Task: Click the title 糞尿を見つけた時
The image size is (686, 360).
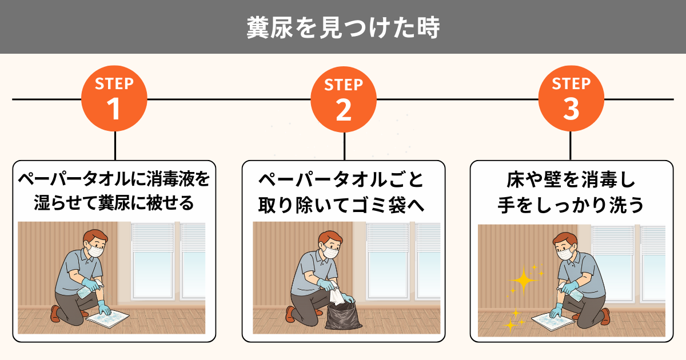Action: point(344,27)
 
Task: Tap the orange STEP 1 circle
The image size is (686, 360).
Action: point(114,98)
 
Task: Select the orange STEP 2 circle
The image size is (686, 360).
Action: point(344,99)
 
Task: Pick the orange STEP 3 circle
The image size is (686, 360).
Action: point(571,98)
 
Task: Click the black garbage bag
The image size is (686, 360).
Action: point(343,316)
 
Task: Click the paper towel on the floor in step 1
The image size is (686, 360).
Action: point(107,319)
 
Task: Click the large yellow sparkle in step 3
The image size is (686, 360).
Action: point(524,280)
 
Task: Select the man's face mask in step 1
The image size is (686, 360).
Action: point(96,251)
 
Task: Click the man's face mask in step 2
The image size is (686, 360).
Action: point(331,252)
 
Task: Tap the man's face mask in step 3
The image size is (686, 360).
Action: point(565,254)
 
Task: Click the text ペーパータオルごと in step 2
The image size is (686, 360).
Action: point(341,179)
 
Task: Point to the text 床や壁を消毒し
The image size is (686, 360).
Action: point(571,179)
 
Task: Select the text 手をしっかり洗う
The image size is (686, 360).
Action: point(571,205)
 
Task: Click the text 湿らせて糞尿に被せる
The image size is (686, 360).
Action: point(114,203)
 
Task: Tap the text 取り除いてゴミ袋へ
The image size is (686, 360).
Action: point(341,205)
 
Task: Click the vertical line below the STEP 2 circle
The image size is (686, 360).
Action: point(344,146)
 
